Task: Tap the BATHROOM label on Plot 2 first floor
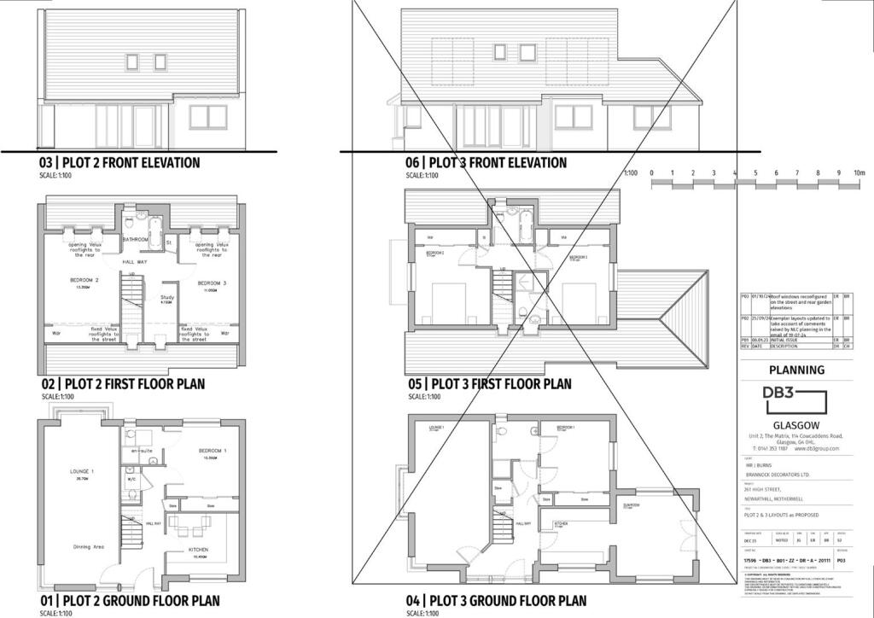point(136,240)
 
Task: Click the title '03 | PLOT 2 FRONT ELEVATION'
point(119,162)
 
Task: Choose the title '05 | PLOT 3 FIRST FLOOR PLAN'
point(487,384)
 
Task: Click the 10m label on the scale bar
point(859,173)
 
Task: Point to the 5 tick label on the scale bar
point(755,173)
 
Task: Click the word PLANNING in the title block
point(796,370)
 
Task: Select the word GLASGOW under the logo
point(795,425)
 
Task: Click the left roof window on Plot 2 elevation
point(132,61)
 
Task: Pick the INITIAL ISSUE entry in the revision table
point(791,340)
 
